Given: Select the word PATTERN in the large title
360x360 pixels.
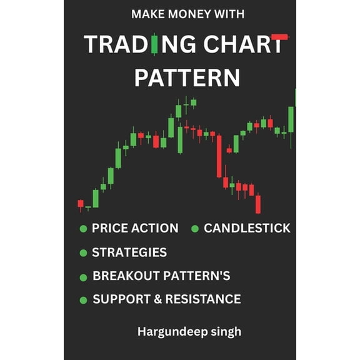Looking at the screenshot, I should tap(187, 77).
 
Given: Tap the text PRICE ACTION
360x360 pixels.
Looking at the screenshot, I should tap(135, 229).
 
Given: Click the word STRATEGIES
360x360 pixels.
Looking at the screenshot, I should tap(129, 252).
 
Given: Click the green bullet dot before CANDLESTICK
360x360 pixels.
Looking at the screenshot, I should tap(194, 229).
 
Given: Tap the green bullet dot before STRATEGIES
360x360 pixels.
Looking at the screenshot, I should tap(83, 253).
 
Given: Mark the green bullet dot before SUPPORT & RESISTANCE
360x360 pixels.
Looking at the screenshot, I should tap(83, 300).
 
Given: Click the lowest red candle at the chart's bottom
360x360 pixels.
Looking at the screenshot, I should tap(257, 204).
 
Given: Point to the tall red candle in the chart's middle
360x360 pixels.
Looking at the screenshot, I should tap(219, 156).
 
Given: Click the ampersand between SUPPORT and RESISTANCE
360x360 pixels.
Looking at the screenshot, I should tap(156, 299).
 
